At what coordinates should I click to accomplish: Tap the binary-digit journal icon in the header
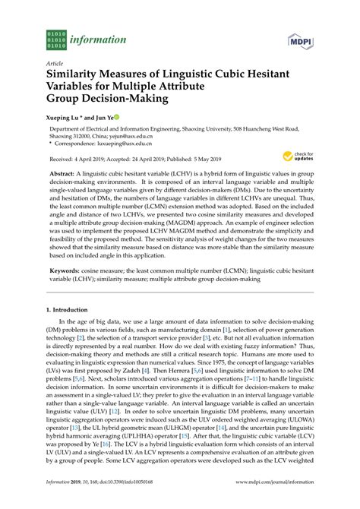coord(57,39)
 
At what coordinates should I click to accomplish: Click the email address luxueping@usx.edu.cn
coord(126,142)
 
